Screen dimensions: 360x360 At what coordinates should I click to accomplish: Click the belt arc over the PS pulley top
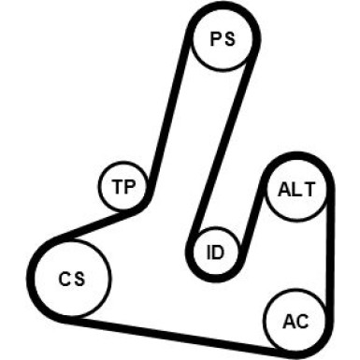[x=222, y=6]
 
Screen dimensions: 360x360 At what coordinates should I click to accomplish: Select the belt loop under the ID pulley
[x=216, y=279]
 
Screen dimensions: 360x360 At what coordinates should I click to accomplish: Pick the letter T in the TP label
[x=118, y=187]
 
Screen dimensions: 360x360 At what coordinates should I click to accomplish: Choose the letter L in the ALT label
[x=297, y=190]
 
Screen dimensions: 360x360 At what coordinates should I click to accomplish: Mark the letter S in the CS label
[x=79, y=279]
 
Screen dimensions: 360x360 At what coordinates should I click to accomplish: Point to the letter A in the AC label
[x=289, y=322]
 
